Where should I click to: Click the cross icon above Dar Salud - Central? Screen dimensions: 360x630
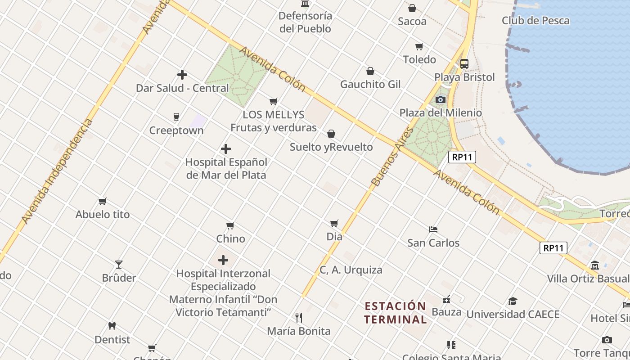coord(182,75)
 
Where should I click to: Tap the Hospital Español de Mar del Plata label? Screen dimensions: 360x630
coord(226,168)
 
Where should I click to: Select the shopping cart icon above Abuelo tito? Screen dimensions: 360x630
coord(103,202)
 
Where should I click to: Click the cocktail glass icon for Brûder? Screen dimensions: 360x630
coord(119,265)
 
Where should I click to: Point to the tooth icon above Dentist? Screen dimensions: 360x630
coord(112,326)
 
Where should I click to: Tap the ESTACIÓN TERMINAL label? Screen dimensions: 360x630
coord(395,313)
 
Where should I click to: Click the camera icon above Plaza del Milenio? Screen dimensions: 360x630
coord(441,99)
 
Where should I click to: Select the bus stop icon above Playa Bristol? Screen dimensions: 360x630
coord(464,64)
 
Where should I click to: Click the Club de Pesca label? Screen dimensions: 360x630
coord(535,21)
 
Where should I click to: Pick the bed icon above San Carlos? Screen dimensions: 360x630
coord(433,229)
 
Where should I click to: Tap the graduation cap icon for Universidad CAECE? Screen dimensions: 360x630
coord(513,301)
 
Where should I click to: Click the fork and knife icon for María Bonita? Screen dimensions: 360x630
coord(299,318)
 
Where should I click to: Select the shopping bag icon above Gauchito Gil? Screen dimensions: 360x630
coord(370,71)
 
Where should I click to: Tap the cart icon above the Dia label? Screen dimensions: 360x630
coord(334,223)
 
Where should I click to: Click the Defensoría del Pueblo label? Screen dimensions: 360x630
coord(305,22)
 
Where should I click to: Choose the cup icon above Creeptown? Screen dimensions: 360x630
coord(176,117)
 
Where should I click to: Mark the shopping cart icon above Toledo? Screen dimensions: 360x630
coord(419,46)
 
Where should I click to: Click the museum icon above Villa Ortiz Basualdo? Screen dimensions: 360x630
coord(595,265)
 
